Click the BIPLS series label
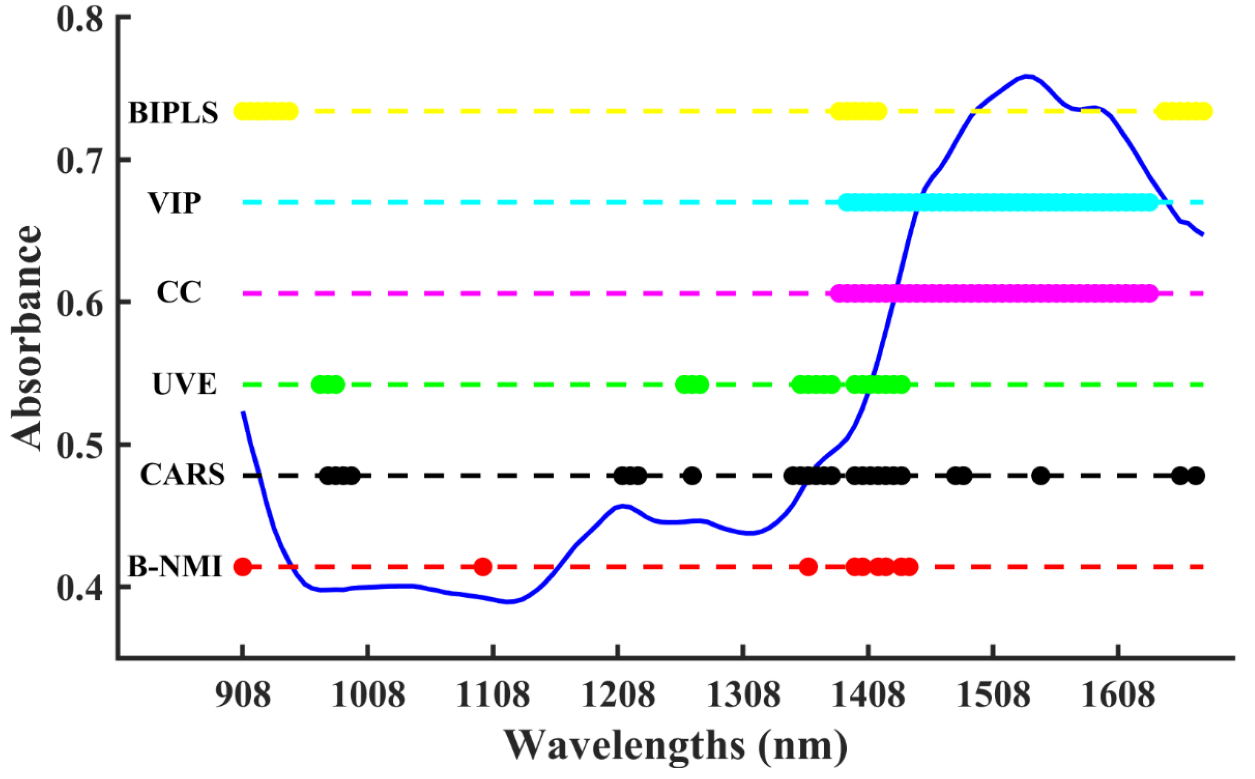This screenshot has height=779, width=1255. [x=173, y=113]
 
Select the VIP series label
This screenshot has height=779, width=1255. [x=174, y=203]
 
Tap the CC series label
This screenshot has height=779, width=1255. [x=178, y=292]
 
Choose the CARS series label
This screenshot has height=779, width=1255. [x=182, y=475]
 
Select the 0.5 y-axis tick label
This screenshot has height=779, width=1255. [x=80, y=445]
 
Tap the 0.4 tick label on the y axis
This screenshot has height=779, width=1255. [x=80, y=588]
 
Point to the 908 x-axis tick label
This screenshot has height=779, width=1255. [x=242, y=695]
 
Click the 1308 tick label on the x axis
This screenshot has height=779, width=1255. [x=743, y=695]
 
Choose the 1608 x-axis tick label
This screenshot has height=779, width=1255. [x=1118, y=695]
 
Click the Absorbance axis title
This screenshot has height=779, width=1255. [x=26, y=338]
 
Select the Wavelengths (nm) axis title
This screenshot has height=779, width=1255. [x=675, y=745]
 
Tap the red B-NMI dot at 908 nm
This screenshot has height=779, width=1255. [x=242, y=567]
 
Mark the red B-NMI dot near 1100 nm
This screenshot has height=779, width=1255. [x=483, y=567]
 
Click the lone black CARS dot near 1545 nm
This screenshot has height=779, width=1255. [x=1041, y=476]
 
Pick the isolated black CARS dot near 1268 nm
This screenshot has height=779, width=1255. [x=692, y=476]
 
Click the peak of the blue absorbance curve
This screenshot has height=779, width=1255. [x=1027, y=76]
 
